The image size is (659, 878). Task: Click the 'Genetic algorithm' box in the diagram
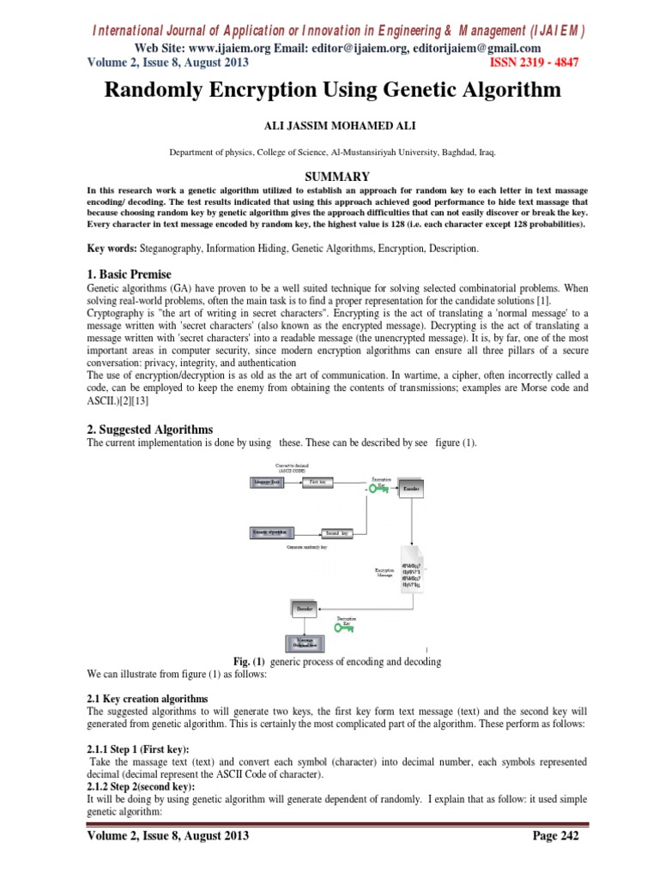(272, 532)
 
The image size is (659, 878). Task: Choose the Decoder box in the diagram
(305, 609)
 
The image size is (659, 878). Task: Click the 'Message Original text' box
(305, 642)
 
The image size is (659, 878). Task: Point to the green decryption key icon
(346, 628)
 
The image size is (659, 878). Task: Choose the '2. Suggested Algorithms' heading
(150, 429)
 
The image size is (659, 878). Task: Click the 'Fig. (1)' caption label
(251, 661)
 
